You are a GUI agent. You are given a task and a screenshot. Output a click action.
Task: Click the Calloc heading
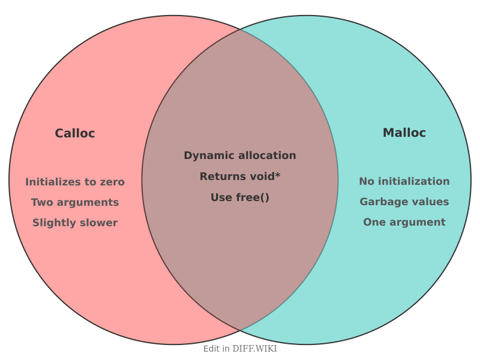75,133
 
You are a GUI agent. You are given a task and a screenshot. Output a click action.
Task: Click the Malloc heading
404,133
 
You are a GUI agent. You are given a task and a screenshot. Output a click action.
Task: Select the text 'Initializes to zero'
75,182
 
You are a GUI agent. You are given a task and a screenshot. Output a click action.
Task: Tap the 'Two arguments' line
75,202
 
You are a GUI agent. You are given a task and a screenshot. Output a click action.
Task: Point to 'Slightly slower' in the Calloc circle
75,223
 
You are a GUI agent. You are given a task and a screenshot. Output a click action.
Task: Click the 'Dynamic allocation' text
240,155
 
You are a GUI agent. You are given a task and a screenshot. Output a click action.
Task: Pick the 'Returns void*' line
240,176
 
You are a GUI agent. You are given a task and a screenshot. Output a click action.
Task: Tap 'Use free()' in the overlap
240,197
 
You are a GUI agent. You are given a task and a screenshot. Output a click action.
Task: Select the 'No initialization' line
404,181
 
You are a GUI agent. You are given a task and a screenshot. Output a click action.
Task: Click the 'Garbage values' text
404,202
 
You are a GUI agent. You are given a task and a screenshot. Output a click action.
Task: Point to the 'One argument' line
404,222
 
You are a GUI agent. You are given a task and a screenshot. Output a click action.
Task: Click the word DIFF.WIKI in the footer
254,349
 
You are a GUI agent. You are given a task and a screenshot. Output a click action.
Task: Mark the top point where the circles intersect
240,29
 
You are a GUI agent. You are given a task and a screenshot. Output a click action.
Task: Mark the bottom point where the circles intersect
240,331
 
